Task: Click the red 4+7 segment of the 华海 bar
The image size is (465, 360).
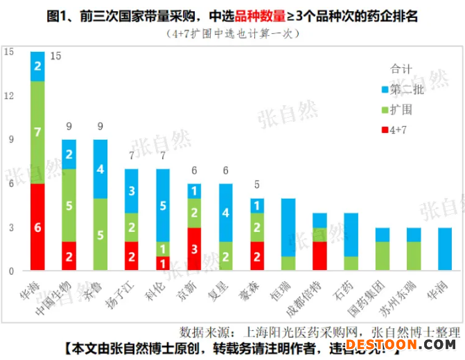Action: (x=37, y=227)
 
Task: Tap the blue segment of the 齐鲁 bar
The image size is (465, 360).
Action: (x=100, y=168)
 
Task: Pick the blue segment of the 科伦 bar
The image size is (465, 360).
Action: (x=162, y=205)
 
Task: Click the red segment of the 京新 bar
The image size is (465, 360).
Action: (x=194, y=249)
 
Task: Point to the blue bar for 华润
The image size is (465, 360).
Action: (x=444, y=249)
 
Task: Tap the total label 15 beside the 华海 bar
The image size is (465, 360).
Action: (x=55, y=55)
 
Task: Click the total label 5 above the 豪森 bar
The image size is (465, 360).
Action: (x=256, y=185)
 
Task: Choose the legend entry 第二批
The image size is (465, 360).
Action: (x=409, y=89)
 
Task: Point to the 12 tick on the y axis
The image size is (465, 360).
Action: (x=8, y=96)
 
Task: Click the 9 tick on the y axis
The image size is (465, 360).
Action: (x=8, y=140)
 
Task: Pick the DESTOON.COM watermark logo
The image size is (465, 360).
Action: (x=402, y=344)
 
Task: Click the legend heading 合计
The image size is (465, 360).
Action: (x=401, y=70)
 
